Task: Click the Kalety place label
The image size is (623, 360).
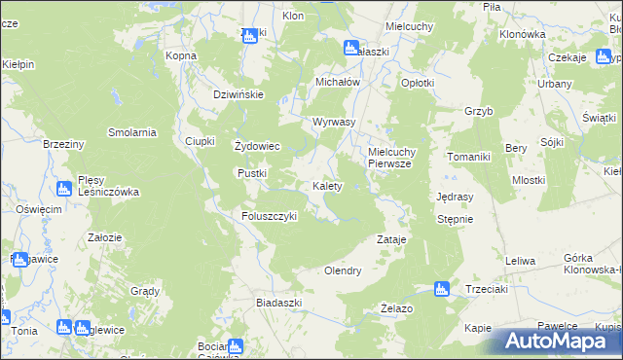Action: pos(326,186)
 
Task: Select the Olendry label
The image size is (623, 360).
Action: pos(343,270)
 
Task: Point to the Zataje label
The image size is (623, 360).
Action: pos(391,238)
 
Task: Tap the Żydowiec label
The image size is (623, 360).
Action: pos(258,147)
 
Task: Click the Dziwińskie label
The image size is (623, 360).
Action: pos(239,94)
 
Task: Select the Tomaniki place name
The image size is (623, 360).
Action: pos(471,157)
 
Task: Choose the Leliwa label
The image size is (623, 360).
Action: pos(521,261)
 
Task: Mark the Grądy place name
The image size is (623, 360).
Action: pos(145,291)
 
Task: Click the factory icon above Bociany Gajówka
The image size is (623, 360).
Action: pos(235,345)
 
